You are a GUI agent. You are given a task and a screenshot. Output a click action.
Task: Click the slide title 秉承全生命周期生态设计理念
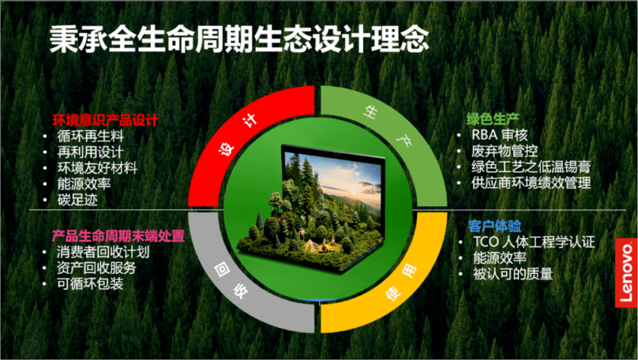pyautogui.click(x=239, y=39)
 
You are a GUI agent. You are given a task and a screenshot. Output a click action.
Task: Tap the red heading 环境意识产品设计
pyautogui.click(x=105, y=121)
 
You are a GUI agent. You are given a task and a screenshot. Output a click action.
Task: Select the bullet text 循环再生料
pyautogui.click(x=90, y=137)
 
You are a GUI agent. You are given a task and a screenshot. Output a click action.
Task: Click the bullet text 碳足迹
pyautogui.click(x=77, y=200)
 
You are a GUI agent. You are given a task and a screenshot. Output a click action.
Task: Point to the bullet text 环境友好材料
pyautogui.click(x=97, y=168)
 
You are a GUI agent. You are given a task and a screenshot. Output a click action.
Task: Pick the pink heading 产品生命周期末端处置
pyautogui.click(x=118, y=236)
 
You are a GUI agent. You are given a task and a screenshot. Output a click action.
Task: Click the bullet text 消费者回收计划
pyautogui.click(x=103, y=252)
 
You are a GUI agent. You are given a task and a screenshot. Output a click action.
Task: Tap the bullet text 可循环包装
pyautogui.click(x=90, y=283)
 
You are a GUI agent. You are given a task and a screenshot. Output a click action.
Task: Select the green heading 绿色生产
pyautogui.click(x=493, y=119)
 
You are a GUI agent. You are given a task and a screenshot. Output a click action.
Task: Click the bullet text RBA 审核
pyautogui.click(x=500, y=135)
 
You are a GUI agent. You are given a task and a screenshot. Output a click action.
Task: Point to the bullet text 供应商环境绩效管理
pyautogui.click(x=531, y=182)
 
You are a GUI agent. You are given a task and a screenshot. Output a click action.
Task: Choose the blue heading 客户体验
pyautogui.click(x=494, y=226)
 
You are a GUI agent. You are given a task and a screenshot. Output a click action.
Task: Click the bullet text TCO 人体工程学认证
pyautogui.click(x=534, y=242)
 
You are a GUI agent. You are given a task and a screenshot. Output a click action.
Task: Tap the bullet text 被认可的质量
pyautogui.click(x=512, y=274)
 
